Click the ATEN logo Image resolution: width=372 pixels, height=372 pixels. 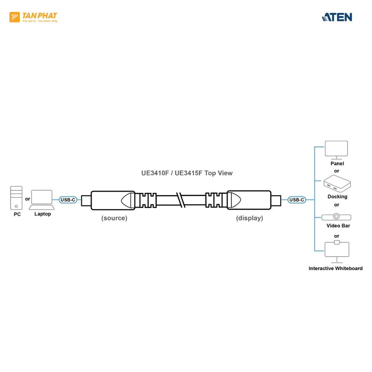click(337, 17)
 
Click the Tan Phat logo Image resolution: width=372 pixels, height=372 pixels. click(33, 17)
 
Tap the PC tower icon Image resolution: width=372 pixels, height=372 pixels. click(16, 198)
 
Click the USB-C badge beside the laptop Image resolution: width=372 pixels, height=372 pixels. click(68, 200)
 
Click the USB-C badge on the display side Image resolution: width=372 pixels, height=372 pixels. click(296, 200)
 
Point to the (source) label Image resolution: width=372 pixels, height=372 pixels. click(114, 218)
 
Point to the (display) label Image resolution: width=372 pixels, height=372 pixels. click(249, 218)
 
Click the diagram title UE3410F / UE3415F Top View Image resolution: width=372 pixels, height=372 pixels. click(187, 173)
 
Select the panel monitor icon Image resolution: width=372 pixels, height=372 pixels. click(336, 149)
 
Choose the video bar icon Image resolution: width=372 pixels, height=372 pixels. click(336, 217)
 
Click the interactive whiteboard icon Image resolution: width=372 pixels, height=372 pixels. click(337, 250)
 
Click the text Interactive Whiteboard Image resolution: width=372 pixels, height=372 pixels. click(336, 268)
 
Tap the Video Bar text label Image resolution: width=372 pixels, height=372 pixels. click(338, 225)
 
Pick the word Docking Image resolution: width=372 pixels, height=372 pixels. click(337, 196)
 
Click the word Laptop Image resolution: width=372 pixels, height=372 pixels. click(42, 214)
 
